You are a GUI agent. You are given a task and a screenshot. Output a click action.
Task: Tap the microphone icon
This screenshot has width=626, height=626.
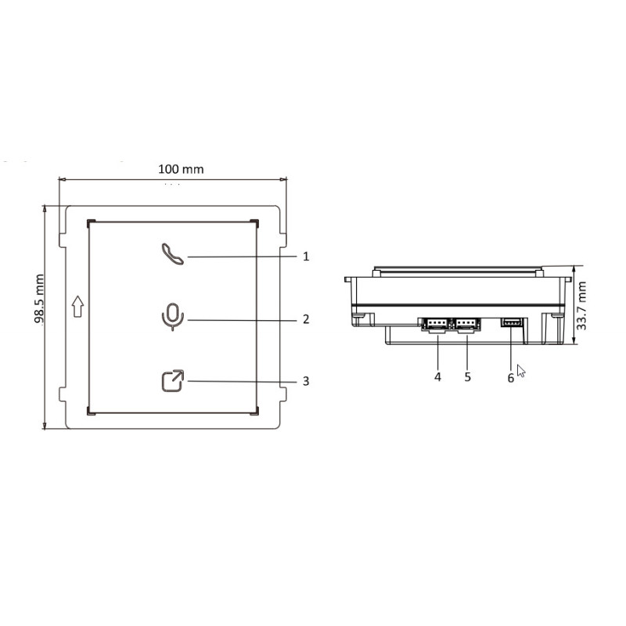click(172, 317)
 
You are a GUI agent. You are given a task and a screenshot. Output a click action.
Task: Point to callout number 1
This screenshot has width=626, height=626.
click(306, 256)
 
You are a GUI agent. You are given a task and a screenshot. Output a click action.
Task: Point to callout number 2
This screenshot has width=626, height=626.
click(306, 319)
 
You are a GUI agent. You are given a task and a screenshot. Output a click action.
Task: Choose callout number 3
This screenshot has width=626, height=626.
click(306, 381)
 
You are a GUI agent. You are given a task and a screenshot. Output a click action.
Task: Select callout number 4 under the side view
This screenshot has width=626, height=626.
click(437, 376)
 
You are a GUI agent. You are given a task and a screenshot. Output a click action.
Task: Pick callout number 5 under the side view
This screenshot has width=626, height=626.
click(467, 376)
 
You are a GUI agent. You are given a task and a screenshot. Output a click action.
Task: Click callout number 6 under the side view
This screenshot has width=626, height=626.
click(510, 376)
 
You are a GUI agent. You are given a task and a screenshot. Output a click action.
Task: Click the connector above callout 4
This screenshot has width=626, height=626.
click(437, 323)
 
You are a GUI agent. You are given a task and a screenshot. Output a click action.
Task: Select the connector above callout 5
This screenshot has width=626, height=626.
click(467, 323)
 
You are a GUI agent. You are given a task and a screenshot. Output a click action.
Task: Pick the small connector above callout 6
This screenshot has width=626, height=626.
click(512, 322)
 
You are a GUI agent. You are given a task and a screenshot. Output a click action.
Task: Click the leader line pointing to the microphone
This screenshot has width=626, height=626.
click(243, 319)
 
